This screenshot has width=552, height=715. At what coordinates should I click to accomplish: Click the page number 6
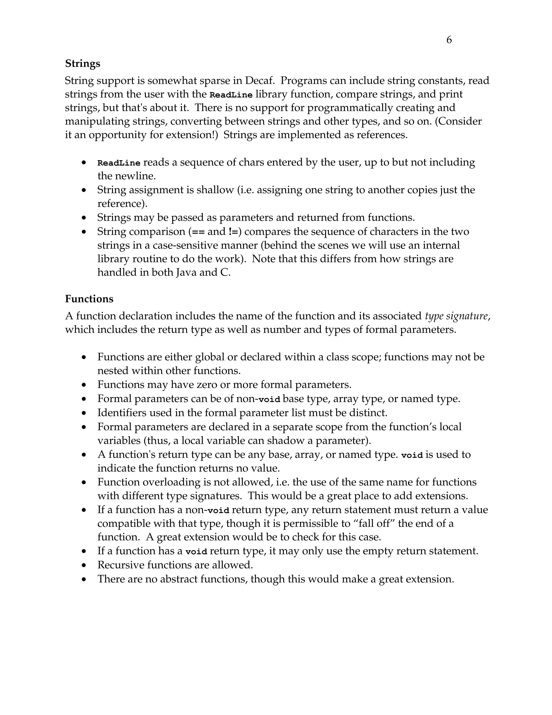pos(449,40)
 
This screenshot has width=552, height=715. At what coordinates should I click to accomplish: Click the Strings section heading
pos(82,63)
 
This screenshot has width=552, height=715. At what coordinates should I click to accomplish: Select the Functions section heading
pos(89,299)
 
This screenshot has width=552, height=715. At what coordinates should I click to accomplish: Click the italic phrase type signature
pos(457,316)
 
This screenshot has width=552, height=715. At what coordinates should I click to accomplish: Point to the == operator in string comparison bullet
pos(198,232)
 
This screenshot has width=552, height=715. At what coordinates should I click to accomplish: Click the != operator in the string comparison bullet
pos(233,232)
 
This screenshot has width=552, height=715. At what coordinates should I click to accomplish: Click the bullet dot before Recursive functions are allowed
pos(84,565)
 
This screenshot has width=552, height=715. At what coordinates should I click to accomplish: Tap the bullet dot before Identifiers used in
pos(84,413)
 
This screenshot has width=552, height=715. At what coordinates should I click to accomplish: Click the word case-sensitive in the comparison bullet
pos(186,245)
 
